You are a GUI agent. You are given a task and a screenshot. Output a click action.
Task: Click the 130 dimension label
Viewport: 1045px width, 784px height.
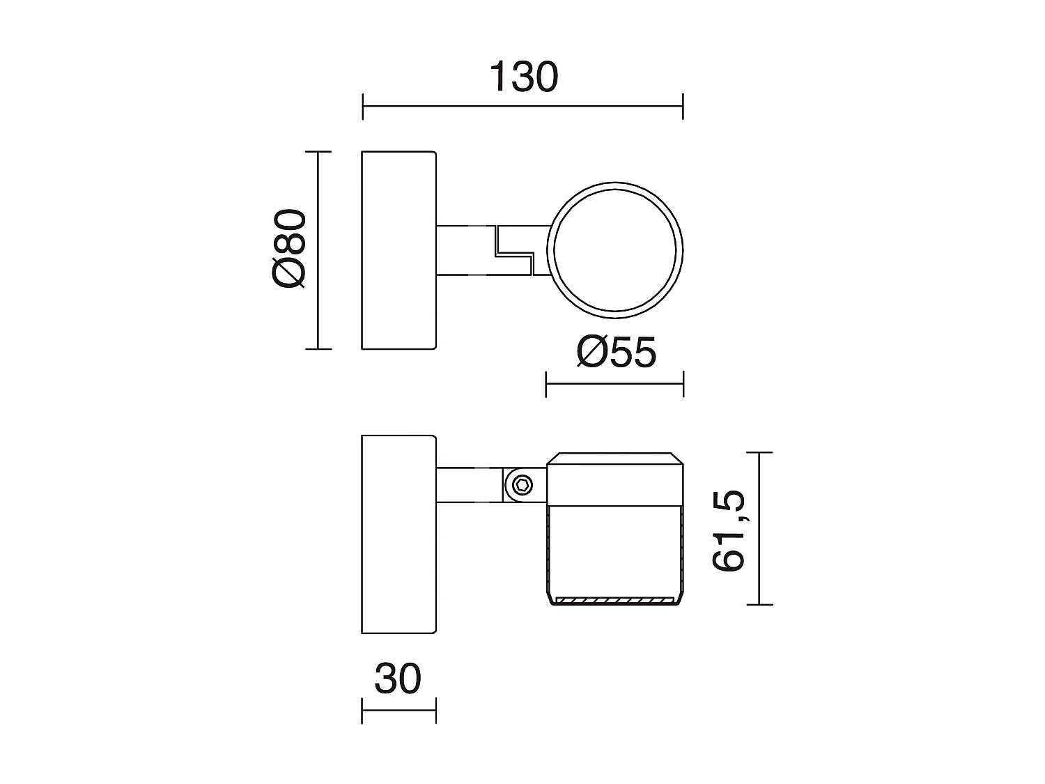click(x=523, y=77)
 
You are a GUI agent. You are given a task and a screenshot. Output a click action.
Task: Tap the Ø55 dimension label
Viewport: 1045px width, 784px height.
click(x=616, y=353)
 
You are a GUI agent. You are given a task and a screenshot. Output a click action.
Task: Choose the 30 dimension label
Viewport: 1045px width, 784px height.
click(x=398, y=679)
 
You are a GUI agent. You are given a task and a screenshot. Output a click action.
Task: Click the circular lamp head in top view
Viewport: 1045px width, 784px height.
click(x=616, y=249)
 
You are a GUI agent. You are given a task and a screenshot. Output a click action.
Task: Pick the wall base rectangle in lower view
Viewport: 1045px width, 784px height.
click(x=398, y=534)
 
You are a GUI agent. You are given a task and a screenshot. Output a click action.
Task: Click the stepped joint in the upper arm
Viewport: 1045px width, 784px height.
click(x=513, y=249)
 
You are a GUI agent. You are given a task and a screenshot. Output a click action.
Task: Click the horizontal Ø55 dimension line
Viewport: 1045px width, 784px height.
click(x=614, y=383)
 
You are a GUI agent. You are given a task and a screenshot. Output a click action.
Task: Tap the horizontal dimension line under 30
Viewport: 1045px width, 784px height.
click(x=398, y=711)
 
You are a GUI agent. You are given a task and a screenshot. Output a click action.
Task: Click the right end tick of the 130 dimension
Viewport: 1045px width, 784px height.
click(x=683, y=107)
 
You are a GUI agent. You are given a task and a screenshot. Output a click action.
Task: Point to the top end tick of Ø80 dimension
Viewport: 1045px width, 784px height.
click(x=318, y=151)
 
